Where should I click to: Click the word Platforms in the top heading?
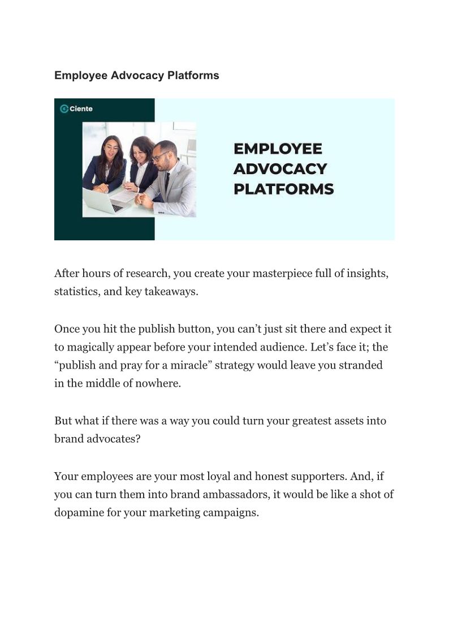tap(193, 75)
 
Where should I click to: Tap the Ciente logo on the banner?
tap(76, 109)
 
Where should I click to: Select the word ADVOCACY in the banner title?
tap(280, 169)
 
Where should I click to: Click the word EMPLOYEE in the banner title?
tap(278, 149)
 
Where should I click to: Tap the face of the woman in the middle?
tap(139, 152)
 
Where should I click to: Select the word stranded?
tap(361, 365)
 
